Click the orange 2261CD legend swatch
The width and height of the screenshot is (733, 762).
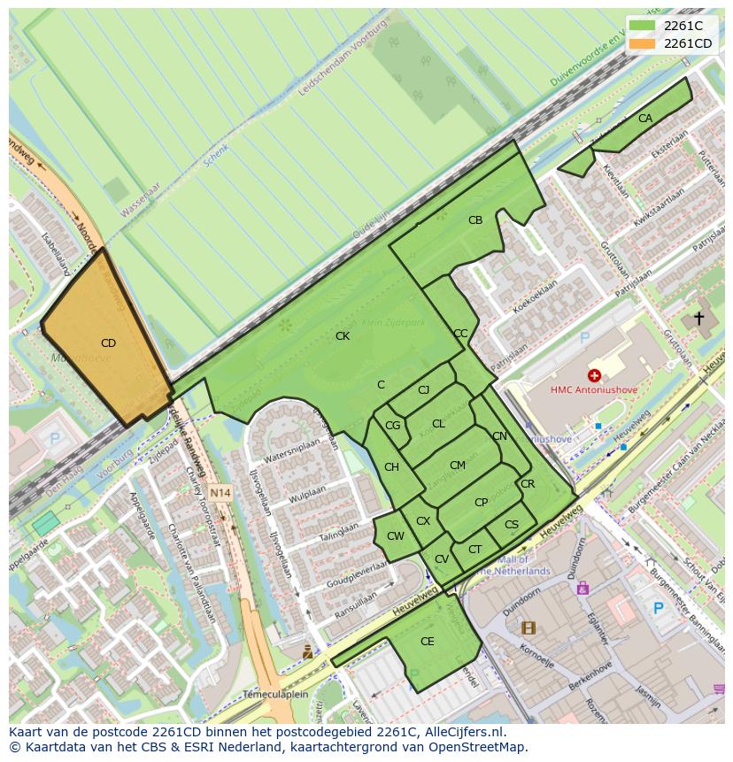tap(643, 43)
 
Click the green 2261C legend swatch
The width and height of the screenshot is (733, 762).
tap(643, 26)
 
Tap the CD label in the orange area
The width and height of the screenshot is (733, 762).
tap(108, 343)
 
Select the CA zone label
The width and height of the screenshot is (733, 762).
tap(645, 119)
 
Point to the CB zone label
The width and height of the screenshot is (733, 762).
tap(475, 220)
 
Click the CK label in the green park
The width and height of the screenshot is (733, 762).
tap(343, 336)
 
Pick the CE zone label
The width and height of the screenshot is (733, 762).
tap(428, 642)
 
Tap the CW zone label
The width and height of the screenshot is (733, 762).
tap(396, 536)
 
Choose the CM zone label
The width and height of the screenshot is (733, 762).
tap(458, 466)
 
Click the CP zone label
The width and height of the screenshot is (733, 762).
tap(481, 503)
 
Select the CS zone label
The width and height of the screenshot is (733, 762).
tap(512, 525)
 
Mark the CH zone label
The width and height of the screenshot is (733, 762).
tap(391, 467)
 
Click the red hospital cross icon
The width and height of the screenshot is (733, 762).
tap(594, 376)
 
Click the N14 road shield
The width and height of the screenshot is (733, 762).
tap(220, 492)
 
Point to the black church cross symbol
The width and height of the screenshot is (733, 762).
tap(698, 318)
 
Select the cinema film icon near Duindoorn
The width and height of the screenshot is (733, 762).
tap(529, 628)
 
